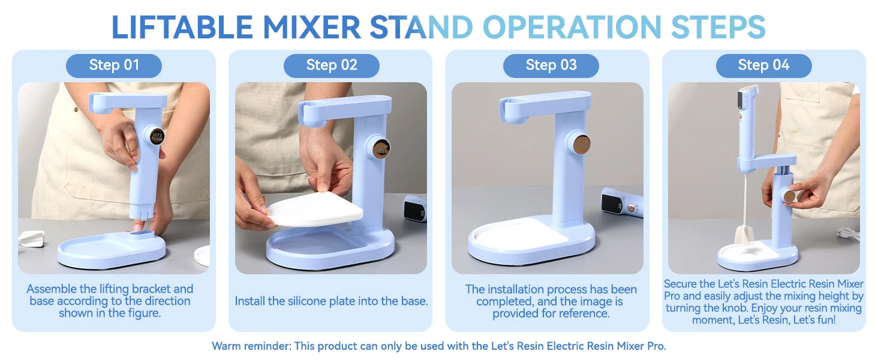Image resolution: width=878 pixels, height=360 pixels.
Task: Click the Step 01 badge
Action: tap(114, 65)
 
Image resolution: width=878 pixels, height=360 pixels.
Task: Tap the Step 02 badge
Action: tap(332, 65)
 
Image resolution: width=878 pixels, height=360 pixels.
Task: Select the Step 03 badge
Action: tap(551, 65)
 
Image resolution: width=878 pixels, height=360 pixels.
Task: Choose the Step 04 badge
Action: tap(764, 65)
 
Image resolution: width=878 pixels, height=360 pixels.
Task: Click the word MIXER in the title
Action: tap(312, 28)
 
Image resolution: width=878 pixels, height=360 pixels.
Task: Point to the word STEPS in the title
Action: tap(718, 28)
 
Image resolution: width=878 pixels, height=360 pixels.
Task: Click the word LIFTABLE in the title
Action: tap(182, 28)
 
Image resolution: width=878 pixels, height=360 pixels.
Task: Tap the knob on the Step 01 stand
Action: tap(157, 136)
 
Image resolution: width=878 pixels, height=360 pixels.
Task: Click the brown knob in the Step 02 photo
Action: tap(380, 148)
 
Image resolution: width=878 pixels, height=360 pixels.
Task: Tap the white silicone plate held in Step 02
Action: tap(315, 209)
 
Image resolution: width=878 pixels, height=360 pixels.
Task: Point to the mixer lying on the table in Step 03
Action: tap(622, 203)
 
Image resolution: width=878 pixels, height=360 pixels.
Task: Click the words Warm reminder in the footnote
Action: tap(251, 346)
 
